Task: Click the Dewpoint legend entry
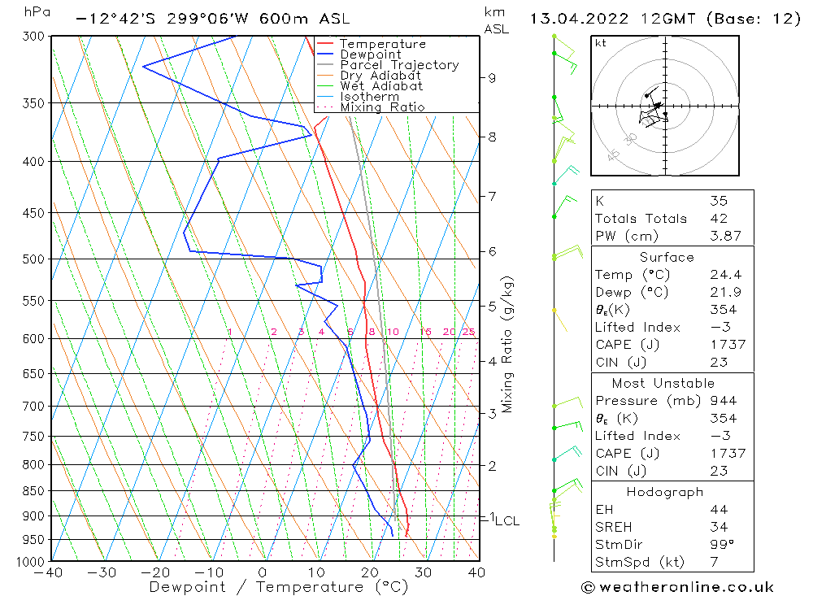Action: click(370, 54)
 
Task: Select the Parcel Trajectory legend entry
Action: click(398, 65)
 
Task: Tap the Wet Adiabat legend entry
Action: click(381, 86)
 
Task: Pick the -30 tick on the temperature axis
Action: click(102, 572)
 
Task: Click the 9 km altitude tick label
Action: click(492, 77)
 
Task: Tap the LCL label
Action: click(506, 520)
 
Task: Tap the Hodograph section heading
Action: click(664, 492)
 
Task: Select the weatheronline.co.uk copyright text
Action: click(677, 587)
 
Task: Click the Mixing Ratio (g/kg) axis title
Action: click(508, 344)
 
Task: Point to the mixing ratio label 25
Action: click(468, 332)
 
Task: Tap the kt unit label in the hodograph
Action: click(601, 43)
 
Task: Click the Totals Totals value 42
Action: click(719, 218)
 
